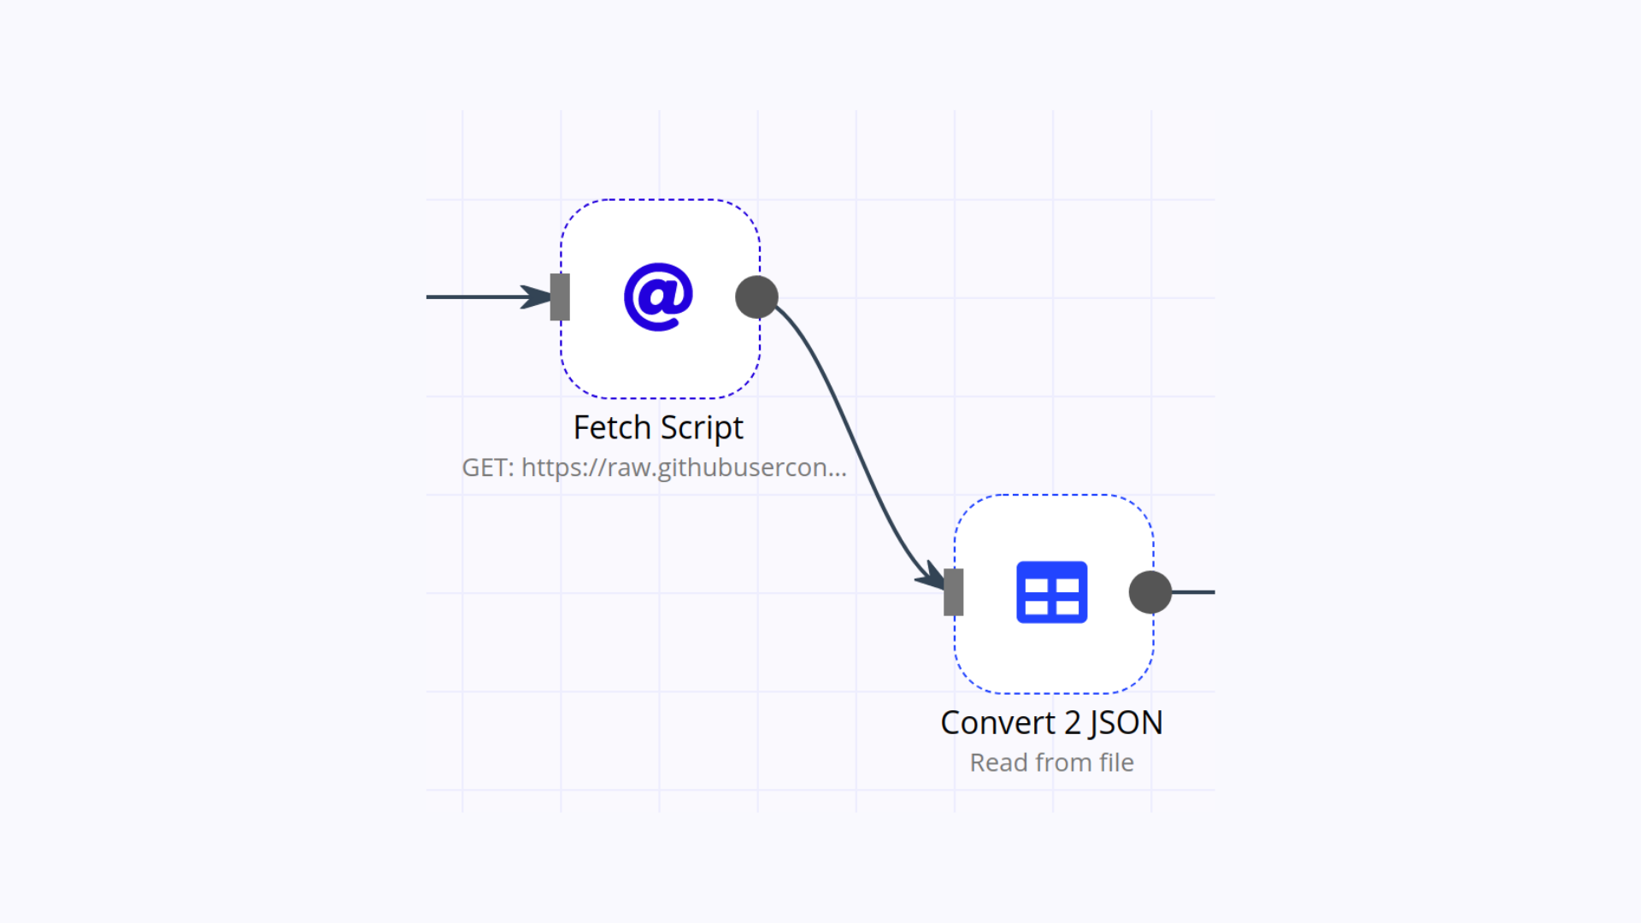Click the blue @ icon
click(658, 297)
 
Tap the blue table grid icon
click(1051, 592)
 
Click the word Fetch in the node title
click(612, 427)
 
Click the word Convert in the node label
click(997, 723)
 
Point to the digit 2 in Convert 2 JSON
click(1072, 723)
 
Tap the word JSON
click(1125, 723)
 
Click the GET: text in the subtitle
click(488, 467)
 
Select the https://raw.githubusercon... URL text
click(684, 467)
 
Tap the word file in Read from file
click(1116, 762)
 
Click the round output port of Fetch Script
click(756, 297)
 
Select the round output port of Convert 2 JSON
click(1150, 592)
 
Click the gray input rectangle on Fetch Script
click(560, 297)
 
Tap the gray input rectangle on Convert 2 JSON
click(953, 592)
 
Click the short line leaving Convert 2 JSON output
click(1194, 592)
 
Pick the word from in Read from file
click(1063, 762)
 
